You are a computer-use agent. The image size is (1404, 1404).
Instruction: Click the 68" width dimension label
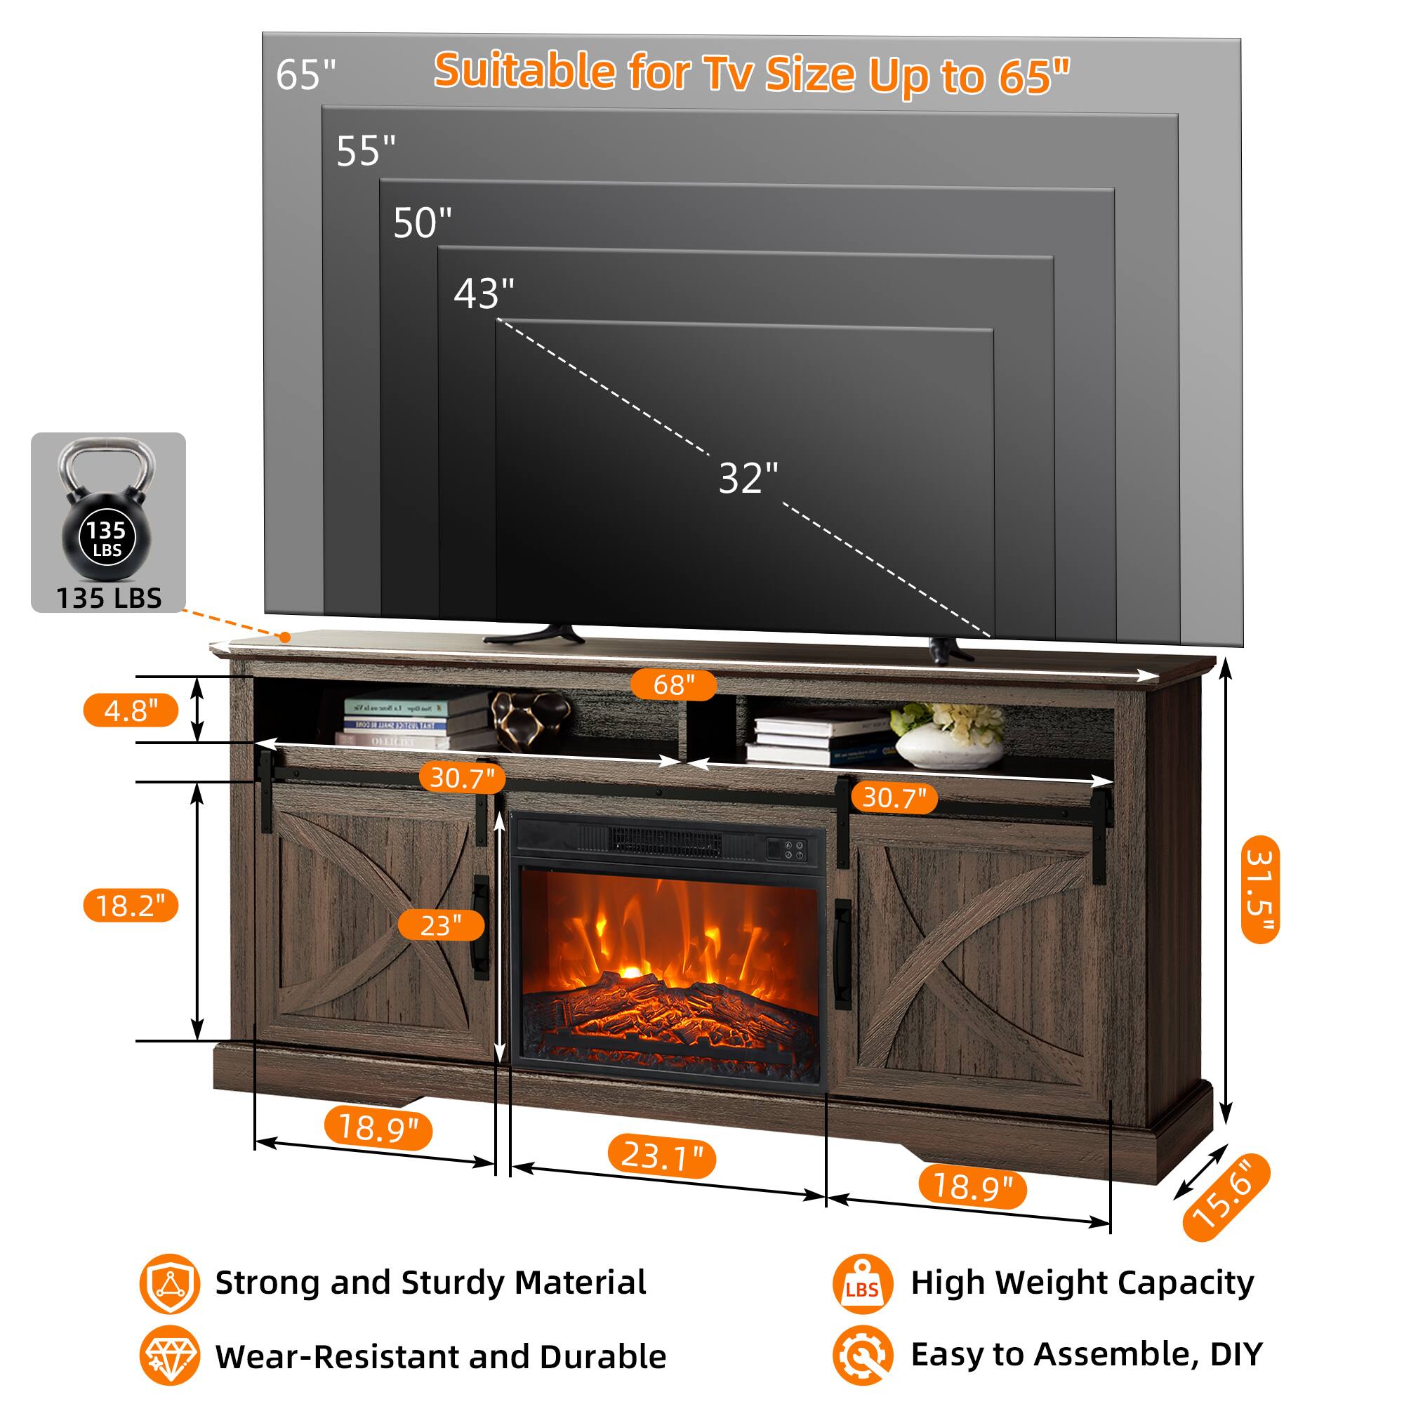click(673, 684)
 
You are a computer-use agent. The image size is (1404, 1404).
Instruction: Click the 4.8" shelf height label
click(131, 710)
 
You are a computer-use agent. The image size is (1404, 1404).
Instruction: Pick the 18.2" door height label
click(131, 906)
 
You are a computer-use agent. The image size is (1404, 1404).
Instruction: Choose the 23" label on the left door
click(441, 925)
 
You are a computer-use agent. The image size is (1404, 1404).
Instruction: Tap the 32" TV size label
click(748, 478)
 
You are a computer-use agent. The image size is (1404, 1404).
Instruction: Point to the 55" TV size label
click(366, 151)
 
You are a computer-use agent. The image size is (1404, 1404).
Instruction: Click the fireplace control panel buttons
click(788, 850)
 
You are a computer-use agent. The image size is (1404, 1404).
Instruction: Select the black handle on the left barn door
click(480, 927)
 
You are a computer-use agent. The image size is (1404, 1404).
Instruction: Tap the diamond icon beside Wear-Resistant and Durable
click(169, 1356)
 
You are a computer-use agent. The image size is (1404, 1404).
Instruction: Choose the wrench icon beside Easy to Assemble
click(863, 1356)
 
